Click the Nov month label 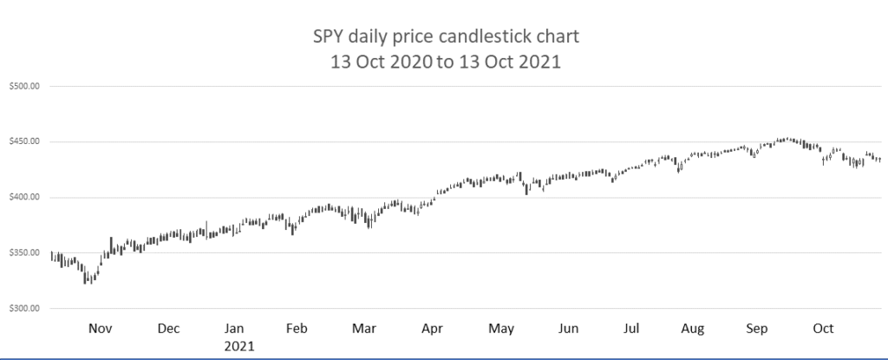click(x=101, y=329)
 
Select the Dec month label click(x=168, y=329)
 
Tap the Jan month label click(x=235, y=329)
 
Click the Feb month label click(x=297, y=329)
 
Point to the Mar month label click(x=364, y=329)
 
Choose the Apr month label click(x=431, y=329)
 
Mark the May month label click(x=501, y=329)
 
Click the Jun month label click(x=568, y=329)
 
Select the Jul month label click(x=632, y=329)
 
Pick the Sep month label click(x=757, y=329)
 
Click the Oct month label click(x=822, y=329)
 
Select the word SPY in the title click(x=327, y=38)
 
